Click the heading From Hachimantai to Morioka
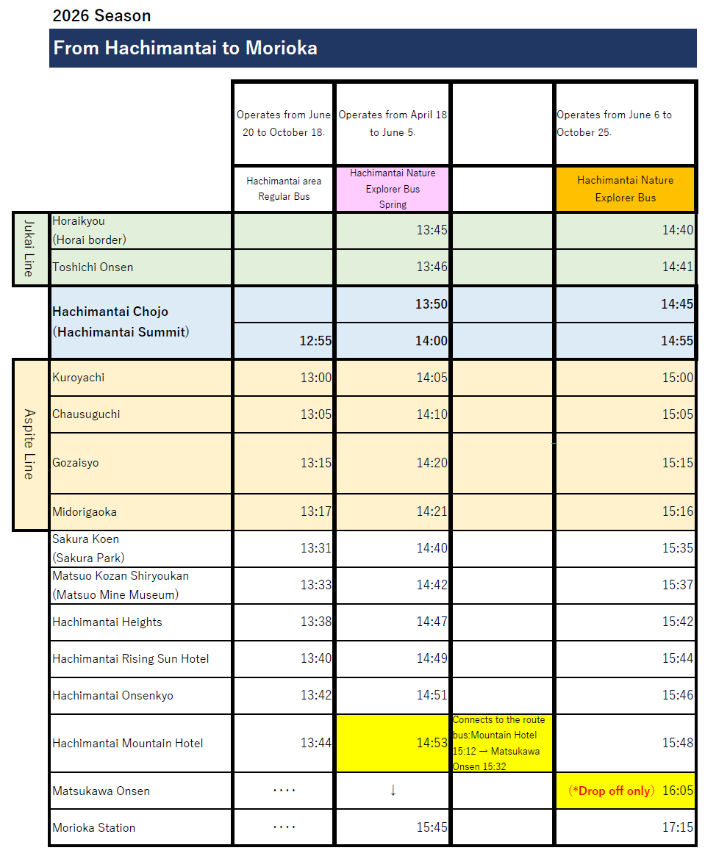click(185, 48)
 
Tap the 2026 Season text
click(101, 15)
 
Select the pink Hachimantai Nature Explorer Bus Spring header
click(393, 189)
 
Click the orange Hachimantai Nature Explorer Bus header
click(625, 189)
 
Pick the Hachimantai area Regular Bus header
click(284, 189)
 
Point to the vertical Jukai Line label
click(29, 249)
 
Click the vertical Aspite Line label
click(29, 444)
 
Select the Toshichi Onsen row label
click(93, 267)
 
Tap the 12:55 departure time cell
click(315, 341)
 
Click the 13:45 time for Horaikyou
click(432, 230)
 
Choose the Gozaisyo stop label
click(76, 463)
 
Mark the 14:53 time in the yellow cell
click(432, 743)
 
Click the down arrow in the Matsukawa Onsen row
click(393, 791)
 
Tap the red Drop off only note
click(611, 791)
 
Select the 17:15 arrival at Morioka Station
click(677, 827)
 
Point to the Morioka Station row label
click(94, 828)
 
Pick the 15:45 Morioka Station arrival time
click(432, 827)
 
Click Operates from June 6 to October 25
click(615, 123)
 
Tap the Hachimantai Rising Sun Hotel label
click(131, 659)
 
